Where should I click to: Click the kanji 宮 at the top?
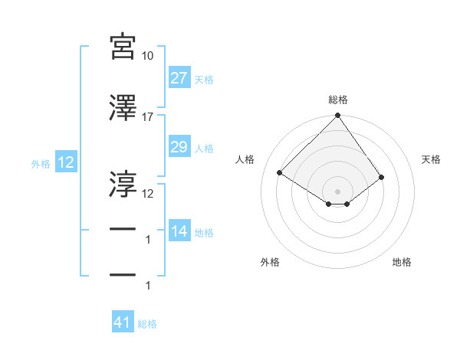[123, 47]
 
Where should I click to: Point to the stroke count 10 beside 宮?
[148, 56]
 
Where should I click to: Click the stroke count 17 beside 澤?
[148, 117]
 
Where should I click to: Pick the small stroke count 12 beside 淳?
[148, 193]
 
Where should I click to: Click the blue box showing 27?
[179, 78]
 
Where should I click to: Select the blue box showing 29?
[179, 147]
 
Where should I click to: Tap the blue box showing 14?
[179, 231]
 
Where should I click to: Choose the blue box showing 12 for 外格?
[66, 162]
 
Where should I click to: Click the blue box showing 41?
[123, 323]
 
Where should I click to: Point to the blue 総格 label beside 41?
[147, 324]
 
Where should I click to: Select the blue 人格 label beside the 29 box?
[204, 148]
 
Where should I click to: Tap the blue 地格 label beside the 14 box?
[204, 232]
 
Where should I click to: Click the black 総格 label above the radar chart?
[337, 100]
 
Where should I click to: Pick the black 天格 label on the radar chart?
[432, 159]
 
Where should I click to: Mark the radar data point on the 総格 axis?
[337, 116]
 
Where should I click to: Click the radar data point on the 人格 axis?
[280, 172]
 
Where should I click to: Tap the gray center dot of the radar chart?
[337, 191]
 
